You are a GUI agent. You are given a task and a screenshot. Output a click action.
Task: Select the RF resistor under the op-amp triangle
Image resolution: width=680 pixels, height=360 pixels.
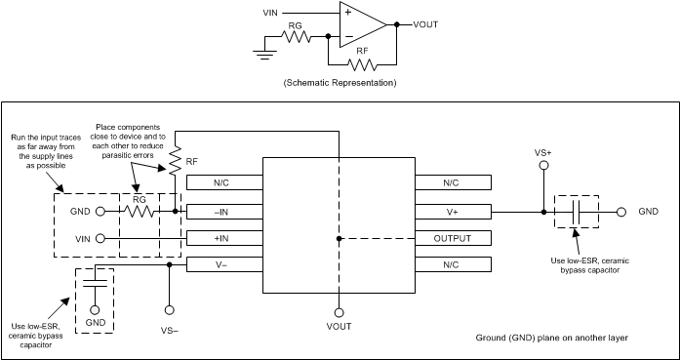coord(362,65)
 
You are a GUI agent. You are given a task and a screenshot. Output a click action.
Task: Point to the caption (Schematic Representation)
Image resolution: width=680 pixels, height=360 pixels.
coord(339,84)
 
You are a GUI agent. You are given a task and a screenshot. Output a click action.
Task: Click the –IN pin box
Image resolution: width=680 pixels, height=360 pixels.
coord(223,210)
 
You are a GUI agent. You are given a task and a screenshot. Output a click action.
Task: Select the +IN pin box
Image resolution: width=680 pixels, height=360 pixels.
coord(223,237)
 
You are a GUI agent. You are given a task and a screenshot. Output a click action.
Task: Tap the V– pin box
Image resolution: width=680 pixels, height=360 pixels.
coord(223,264)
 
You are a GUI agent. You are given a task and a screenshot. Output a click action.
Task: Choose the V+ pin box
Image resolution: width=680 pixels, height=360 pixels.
coord(454,210)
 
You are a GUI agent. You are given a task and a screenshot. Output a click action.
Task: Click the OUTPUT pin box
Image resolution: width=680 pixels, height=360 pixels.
coord(454,237)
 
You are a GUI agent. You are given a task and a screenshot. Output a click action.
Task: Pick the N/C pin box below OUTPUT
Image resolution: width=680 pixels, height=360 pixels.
coord(454,264)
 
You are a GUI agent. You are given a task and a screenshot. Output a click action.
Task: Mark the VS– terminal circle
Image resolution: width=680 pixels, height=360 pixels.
coord(170,310)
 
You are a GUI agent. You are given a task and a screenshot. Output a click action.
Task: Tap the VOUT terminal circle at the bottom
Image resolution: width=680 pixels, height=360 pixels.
coord(339,312)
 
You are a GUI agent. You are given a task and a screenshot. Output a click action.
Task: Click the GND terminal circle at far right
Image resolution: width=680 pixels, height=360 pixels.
coord(620,210)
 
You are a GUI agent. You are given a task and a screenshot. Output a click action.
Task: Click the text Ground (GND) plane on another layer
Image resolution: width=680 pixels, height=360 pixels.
coord(552,338)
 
